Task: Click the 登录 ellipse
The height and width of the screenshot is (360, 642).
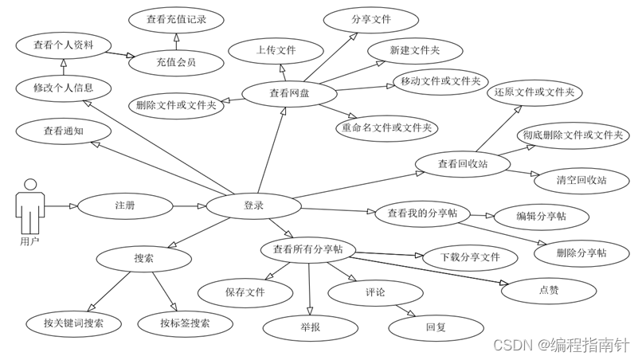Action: click(x=253, y=205)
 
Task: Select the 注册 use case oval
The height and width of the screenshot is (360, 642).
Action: click(x=125, y=205)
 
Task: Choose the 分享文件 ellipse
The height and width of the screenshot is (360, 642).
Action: click(x=370, y=20)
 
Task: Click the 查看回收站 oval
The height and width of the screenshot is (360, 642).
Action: click(x=463, y=164)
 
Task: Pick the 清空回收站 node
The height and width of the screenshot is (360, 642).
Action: click(x=581, y=180)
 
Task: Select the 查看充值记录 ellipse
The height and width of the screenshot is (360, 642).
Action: click(x=176, y=20)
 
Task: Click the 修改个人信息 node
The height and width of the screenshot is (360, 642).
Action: click(x=63, y=88)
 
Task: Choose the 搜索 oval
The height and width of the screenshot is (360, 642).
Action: click(x=143, y=257)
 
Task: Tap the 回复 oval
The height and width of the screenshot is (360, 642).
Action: click(x=436, y=327)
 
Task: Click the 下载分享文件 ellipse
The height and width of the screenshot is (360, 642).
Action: click(x=471, y=257)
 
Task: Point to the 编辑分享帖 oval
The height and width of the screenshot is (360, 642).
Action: click(x=542, y=216)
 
